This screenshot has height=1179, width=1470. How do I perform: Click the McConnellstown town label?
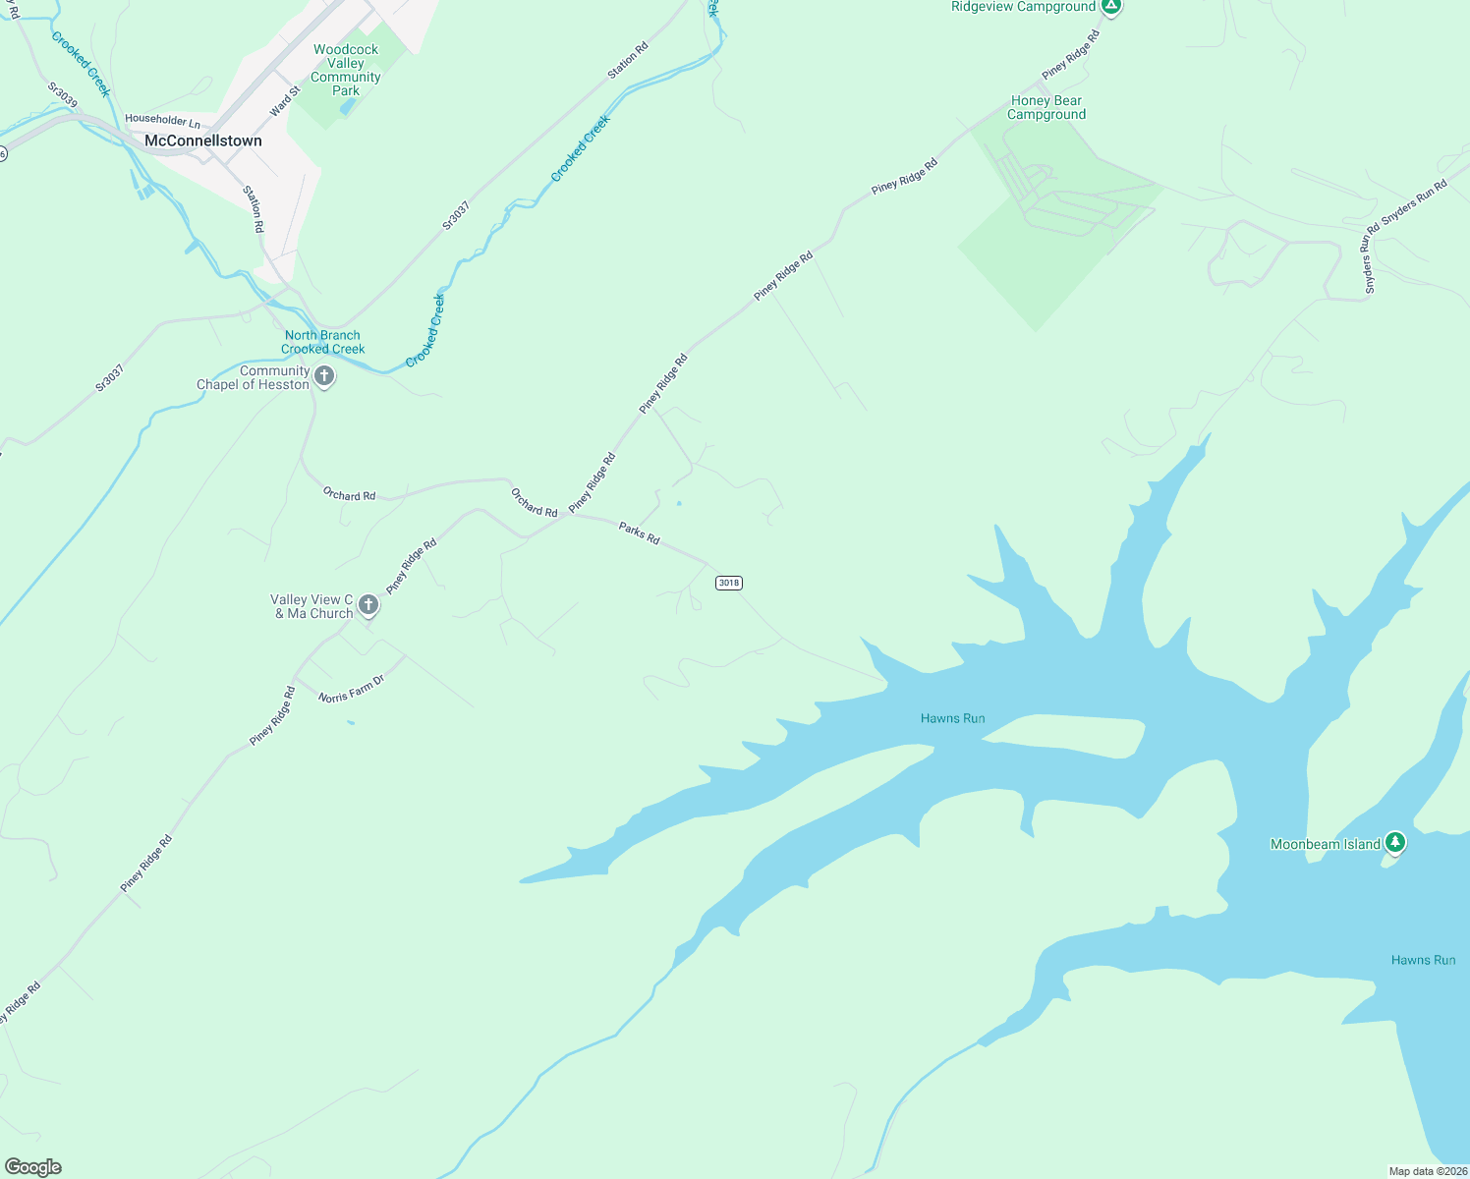pyautogui.click(x=203, y=140)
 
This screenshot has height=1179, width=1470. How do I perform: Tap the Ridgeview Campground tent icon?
pyautogui.click(x=1111, y=7)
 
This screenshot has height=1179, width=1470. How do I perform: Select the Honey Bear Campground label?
pyautogui.click(x=1046, y=107)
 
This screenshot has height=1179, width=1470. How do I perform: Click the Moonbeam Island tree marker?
pyautogui.click(x=1394, y=843)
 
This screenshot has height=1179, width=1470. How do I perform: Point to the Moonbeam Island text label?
pyautogui.click(x=1326, y=844)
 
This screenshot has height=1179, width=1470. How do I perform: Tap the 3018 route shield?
pyautogui.click(x=729, y=583)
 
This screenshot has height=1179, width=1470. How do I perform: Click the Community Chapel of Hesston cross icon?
pyautogui.click(x=324, y=376)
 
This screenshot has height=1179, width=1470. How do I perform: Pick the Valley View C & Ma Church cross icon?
pyautogui.click(x=368, y=605)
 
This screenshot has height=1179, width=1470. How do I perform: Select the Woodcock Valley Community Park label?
pyautogui.click(x=346, y=70)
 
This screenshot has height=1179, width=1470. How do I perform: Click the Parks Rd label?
pyautogui.click(x=639, y=533)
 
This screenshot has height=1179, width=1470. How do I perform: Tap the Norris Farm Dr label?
pyautogui.click(x=351, y=690)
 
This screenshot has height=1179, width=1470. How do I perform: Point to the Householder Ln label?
pyautogui.click(x=162, y=121)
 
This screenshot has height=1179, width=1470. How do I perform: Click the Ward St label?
pyautogui.click(x=285, y=100)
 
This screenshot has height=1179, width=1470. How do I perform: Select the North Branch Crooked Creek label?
pyautogui.click(x=322, y=342)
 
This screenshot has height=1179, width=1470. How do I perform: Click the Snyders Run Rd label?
pyautogui.click(x=1414, y=203)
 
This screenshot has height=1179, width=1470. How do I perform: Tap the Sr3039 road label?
pyautogui.click(x=62, y=94)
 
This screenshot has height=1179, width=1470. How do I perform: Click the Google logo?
pyautogui.click(x=33, y=1167)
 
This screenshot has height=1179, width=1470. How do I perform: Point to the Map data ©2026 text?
pyautogui.click(x=1427, y=1171)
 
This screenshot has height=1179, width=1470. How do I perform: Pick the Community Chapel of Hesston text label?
pyautogui.click(x=254, y=377)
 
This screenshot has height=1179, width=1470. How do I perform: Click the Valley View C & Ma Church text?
pyautogui.click(x=312, y=606)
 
